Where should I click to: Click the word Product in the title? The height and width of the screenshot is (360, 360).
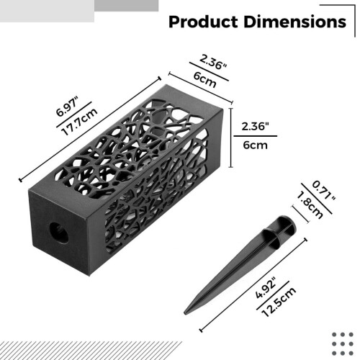(203, 22)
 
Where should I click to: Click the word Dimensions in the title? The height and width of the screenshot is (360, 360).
(294, 22)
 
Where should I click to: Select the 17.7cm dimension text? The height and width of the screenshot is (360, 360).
(80, 122)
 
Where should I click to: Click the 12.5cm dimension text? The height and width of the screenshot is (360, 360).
(279, 302)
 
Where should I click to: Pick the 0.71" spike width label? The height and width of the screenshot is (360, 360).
(323, 191)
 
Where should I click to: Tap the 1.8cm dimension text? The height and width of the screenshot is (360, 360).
(310, 204)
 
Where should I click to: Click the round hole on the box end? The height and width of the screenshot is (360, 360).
(59, 233)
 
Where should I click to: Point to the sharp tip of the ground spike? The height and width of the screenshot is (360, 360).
(185, 313)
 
